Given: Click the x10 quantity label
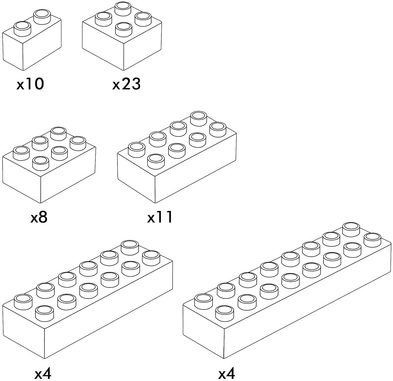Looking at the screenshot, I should coord(30,84).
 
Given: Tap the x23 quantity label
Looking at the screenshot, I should coord(126,84).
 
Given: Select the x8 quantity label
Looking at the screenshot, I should coord(39,217).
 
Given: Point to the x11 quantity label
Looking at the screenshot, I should coord(160,217).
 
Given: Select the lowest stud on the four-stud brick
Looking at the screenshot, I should coord(124,29).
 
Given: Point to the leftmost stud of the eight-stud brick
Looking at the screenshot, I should coord(136,149).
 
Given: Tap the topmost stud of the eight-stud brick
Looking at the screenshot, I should coord(199,117).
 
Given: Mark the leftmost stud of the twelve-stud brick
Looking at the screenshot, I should coord(24,300).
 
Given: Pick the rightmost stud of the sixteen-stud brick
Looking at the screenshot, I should coord(372,240).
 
